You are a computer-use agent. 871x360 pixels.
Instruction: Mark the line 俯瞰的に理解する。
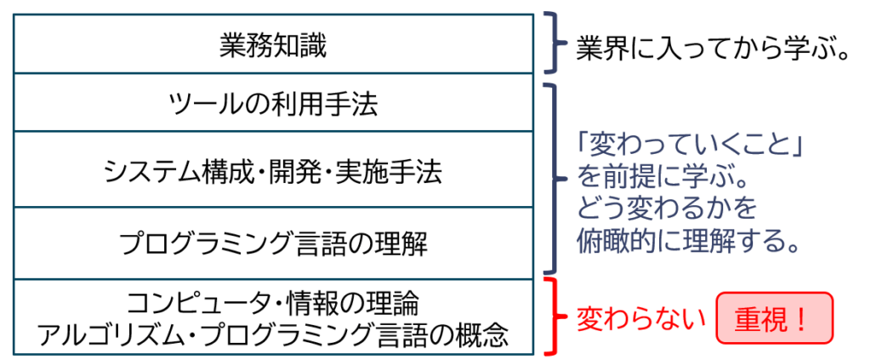(x=690, y=241)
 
